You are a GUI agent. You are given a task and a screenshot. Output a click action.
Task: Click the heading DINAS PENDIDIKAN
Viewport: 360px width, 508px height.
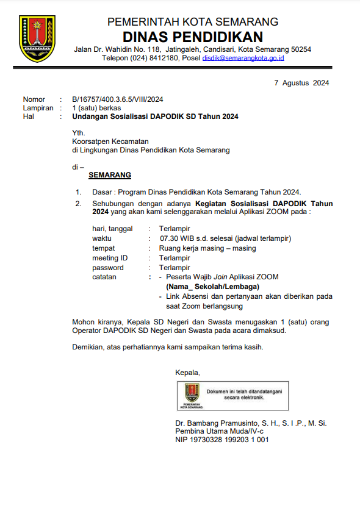[x=192, y=37]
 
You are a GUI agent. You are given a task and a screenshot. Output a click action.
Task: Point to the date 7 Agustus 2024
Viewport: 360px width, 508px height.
[x=301, y=83]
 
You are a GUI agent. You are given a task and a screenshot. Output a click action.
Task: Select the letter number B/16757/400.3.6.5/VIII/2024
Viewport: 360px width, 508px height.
[x=117, y=99]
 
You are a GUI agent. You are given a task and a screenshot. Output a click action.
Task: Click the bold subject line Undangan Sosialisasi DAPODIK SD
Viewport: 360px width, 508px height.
[x=155, y=116]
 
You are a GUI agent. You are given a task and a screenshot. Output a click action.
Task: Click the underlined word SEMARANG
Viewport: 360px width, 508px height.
[x=110, y=175]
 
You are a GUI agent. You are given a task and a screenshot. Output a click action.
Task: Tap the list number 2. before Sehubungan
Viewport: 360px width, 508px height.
[x=78, y=203]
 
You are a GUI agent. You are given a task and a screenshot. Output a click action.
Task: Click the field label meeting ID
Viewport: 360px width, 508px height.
[x=110, y=258]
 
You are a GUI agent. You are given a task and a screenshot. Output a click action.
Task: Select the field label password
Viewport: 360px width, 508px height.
[x=108, y=268]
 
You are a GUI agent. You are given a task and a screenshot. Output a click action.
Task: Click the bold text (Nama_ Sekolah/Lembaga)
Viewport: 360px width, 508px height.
[x=212, y=287]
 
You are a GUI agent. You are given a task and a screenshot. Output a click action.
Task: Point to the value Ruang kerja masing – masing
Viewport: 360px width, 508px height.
[x=207, y=248]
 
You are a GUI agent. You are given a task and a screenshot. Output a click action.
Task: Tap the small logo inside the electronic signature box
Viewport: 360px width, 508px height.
[x=192, y=395]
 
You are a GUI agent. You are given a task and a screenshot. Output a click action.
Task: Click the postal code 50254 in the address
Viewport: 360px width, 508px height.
[x=301, y=49]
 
